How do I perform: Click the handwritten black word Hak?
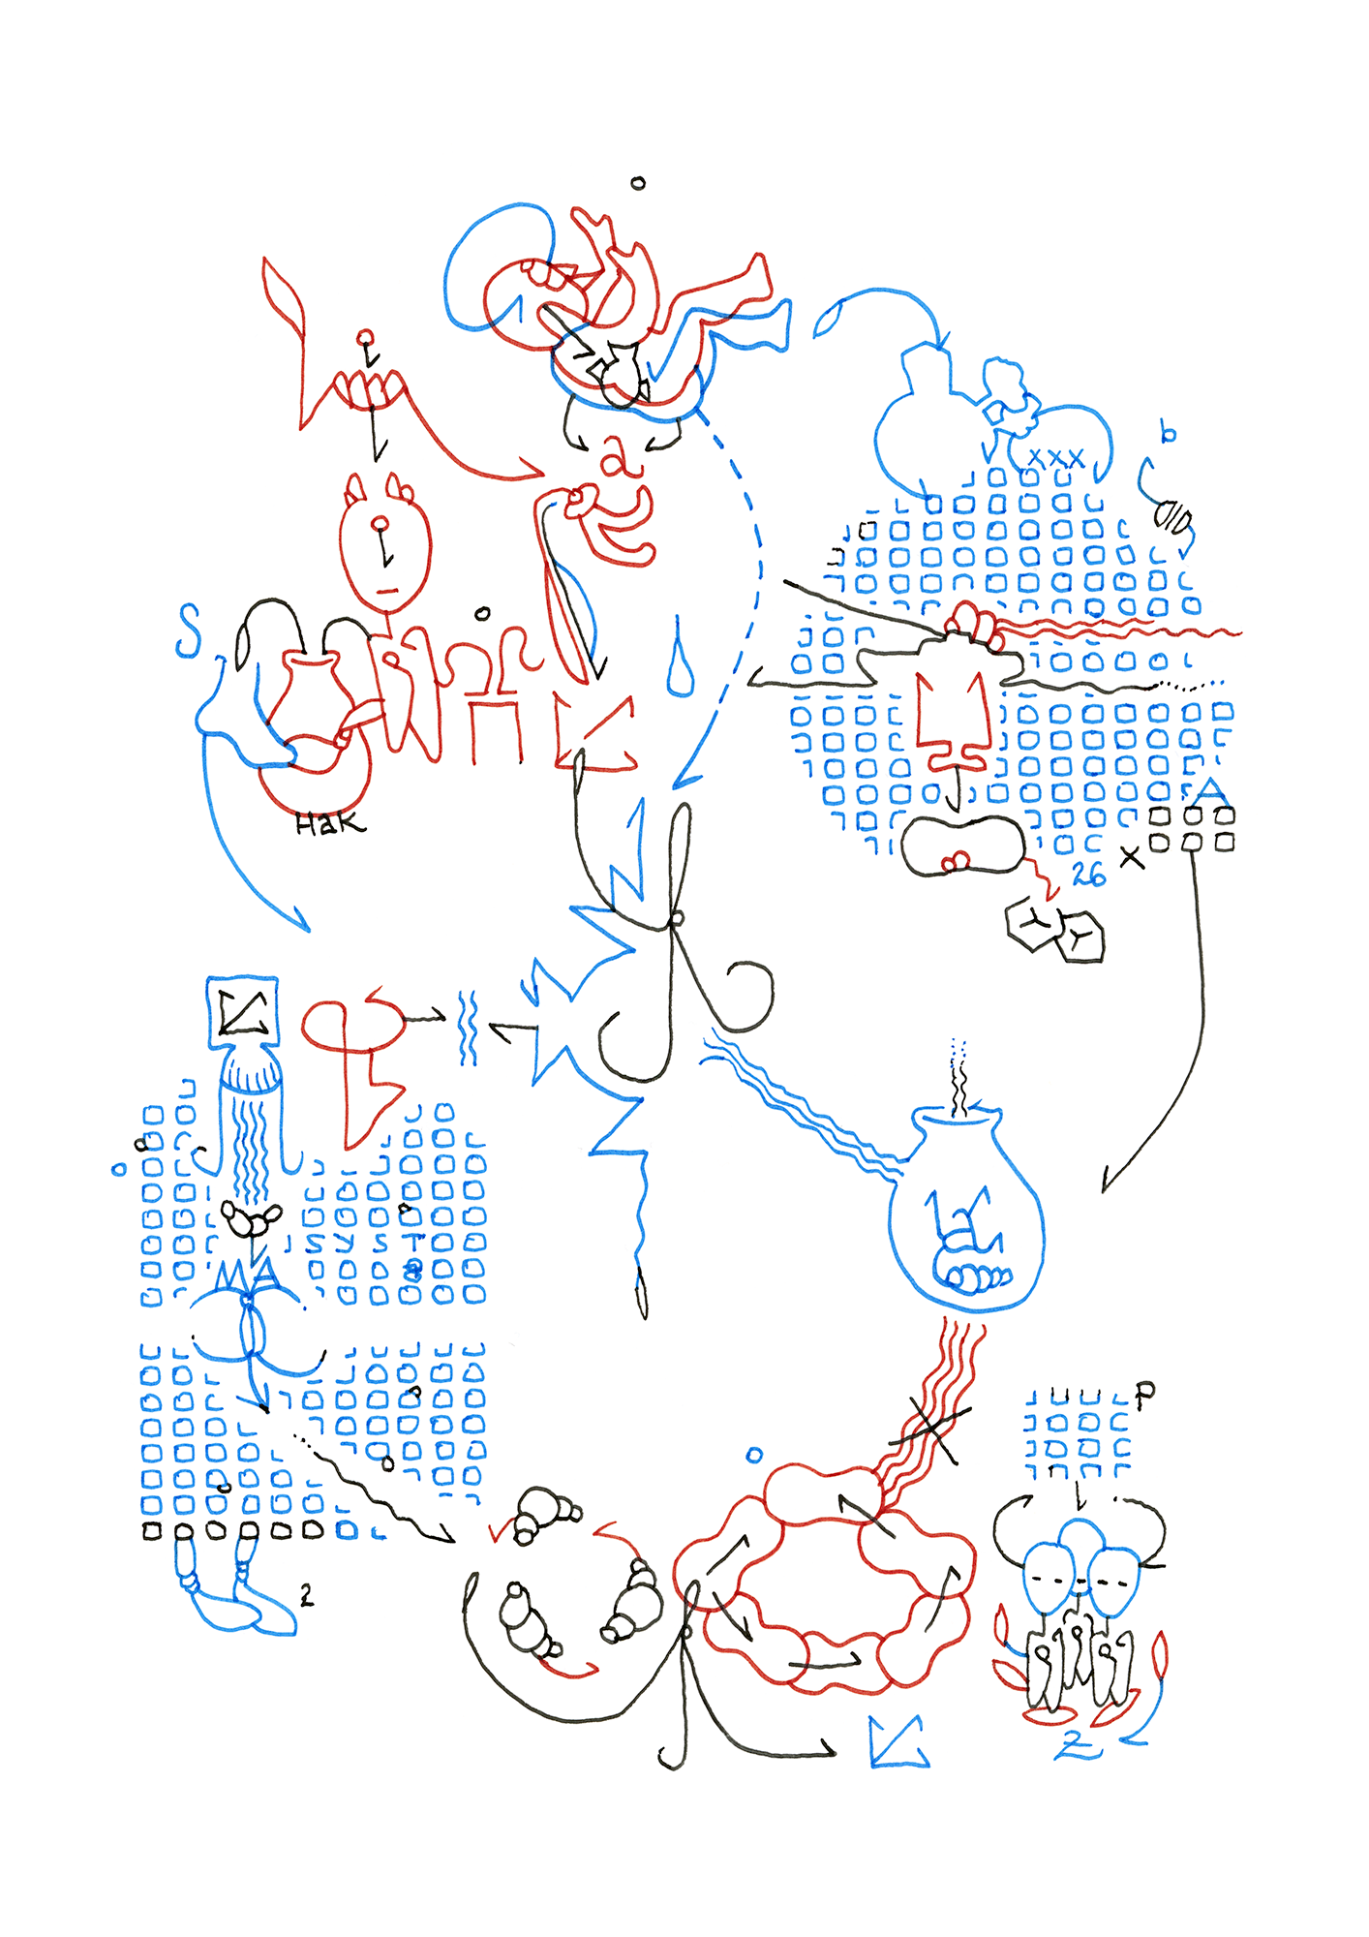[x=330, y=824]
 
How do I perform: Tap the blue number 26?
[x=1088, y=875]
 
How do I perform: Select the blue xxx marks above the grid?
[x=1055, y=458]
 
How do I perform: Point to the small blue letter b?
[x=1169, y=433]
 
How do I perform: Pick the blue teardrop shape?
[x=681, y=661]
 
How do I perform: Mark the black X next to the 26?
[x=1131, y=856]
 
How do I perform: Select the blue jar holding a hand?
[x=966, y=1215]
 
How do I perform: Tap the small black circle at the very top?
[x=638, y=182]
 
